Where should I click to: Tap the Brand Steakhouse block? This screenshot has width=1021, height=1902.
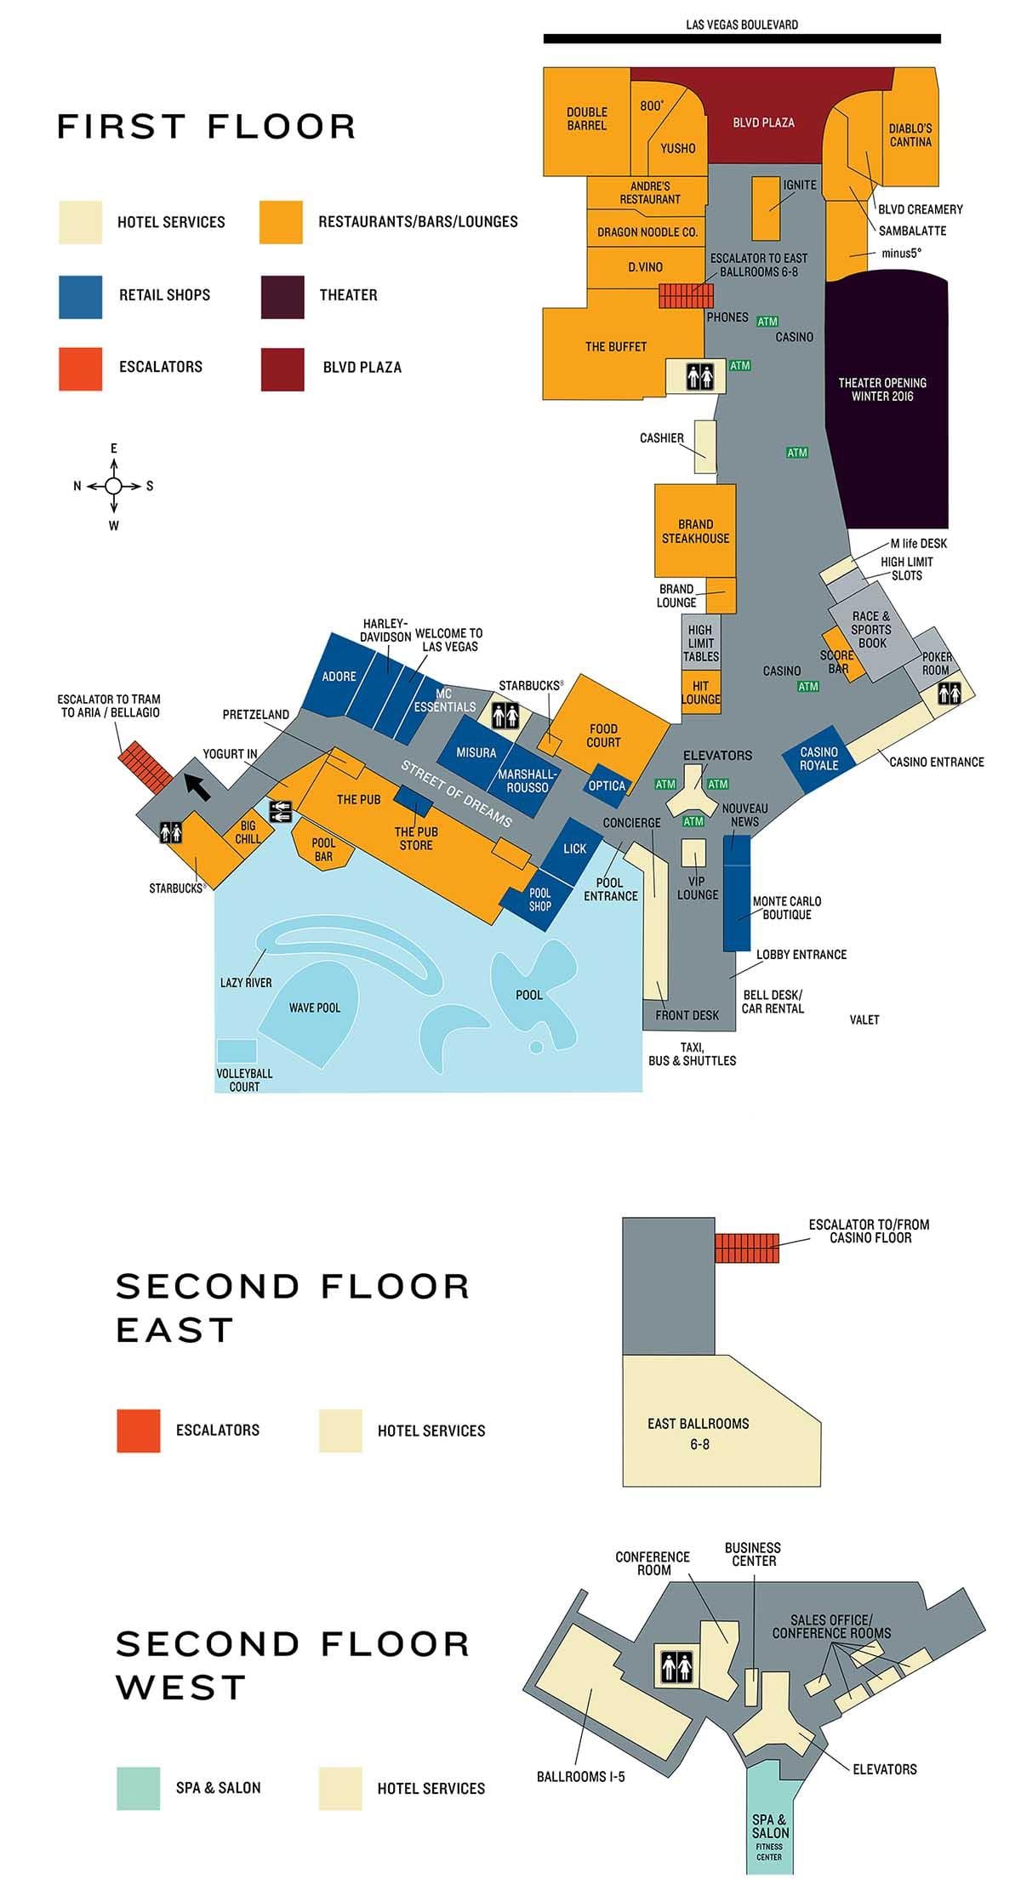click(x=695, y=531)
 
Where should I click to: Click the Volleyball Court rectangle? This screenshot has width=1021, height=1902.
click(x=237, y=1052)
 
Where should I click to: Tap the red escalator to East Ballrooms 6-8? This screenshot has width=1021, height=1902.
click(x=686, y=295)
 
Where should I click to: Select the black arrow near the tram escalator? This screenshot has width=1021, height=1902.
click(x=197, y=785)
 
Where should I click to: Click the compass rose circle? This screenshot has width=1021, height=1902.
click(x=114, y=486)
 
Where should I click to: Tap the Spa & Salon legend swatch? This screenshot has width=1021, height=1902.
click(x=138, y=1788)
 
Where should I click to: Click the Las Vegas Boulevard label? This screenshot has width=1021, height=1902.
click(x=742, y=25)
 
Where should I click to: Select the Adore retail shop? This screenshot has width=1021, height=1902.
click(x=339, y=677)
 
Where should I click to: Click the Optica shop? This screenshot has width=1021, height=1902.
click(x=607, y=785)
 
